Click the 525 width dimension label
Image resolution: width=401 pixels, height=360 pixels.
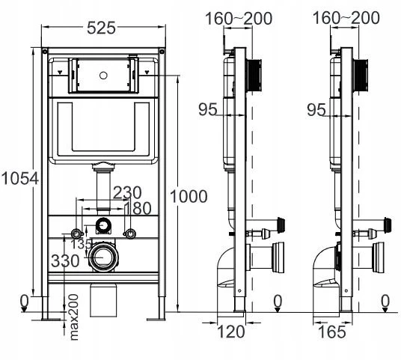[x=101, y=28]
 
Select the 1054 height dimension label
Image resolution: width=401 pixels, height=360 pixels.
[x=20, y=178]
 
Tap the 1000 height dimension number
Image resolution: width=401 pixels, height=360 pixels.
[x=189, y=197]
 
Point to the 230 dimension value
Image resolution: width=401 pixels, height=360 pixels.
[x=127, y=192]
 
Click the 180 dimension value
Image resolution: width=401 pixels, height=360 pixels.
[x=138, y=208]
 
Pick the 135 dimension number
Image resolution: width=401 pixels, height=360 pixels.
[x=81, y=244]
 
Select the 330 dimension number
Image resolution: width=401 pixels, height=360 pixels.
[x=65, y=261]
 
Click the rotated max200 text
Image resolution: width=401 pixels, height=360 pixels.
[x=73, y=317]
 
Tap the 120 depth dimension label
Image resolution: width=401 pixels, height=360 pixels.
[x=230, y=332]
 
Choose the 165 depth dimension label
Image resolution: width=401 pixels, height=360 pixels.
[x=331, y=332]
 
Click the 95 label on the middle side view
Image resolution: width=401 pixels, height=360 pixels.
[x=208, y=109]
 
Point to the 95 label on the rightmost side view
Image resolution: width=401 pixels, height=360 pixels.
[x=316, y=110]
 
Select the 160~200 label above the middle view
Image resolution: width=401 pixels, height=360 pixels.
[x=239, y=19]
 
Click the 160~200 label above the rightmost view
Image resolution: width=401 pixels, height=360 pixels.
[x=346, y=18]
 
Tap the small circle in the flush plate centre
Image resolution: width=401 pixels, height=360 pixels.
[x=103, y=76]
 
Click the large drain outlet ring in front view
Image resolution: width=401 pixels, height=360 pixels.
[x=103, y=257]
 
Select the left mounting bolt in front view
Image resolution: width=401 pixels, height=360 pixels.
[x=76, y=234]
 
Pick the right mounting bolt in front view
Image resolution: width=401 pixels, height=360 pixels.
[x=130, y=234]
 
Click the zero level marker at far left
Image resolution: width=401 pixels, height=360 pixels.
[x=24, y=304]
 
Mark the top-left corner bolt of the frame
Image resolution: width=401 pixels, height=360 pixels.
[x=45, y=52]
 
